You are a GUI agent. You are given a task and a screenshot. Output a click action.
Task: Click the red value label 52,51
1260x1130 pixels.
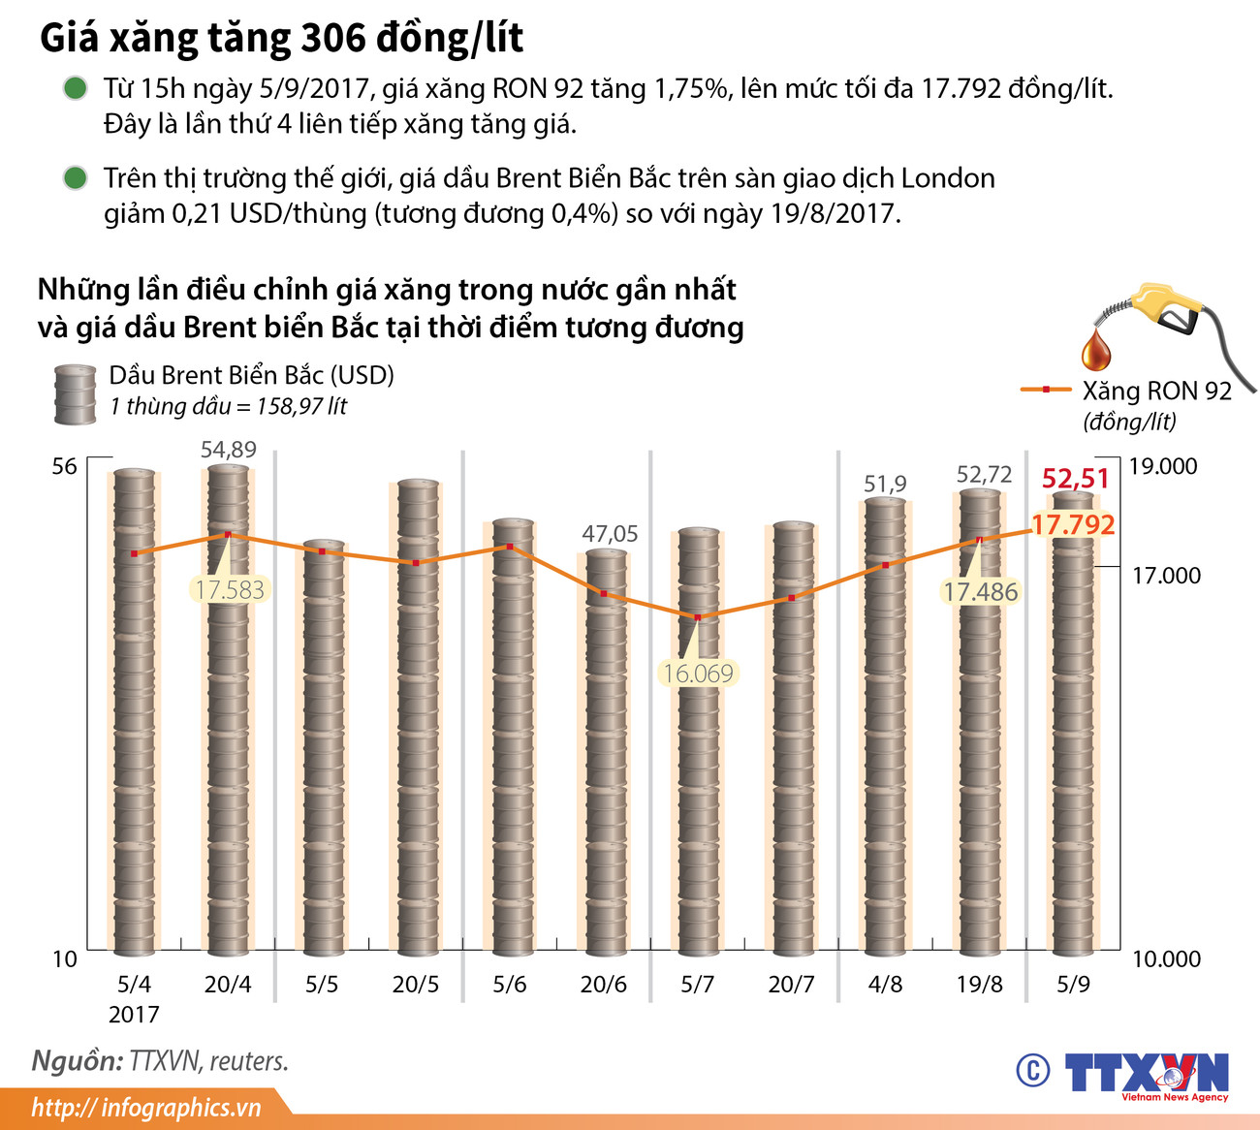[1075, 479]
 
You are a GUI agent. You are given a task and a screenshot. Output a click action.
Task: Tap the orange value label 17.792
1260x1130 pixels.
[1073, 525]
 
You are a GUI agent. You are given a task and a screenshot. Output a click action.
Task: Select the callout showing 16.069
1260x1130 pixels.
[698, 673]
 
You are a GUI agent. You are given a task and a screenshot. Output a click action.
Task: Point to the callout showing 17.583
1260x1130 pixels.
[229, 589]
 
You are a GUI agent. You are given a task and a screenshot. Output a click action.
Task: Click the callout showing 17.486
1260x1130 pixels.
[980, 591]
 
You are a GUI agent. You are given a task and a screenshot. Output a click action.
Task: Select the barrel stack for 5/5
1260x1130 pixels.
[322, 746]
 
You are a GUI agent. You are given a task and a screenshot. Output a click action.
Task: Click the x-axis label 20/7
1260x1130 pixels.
[791, 985]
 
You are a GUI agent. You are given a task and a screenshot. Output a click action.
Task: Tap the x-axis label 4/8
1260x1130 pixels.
[885, 985]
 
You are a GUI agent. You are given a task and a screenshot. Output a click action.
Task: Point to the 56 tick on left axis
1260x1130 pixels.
[64, 467]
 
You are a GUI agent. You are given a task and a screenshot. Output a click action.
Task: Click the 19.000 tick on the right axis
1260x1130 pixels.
[1163, 466]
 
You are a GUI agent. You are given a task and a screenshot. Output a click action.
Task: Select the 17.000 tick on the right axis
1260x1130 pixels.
[1166, 576]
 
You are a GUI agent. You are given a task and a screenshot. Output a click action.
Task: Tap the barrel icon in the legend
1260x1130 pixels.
[75, 394]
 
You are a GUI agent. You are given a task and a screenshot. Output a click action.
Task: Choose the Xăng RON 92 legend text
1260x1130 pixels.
[1156, 391]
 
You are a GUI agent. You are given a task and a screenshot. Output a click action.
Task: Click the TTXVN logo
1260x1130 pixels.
[1146, 1074]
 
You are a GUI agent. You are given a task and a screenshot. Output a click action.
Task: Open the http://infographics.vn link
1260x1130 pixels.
[146, 1108]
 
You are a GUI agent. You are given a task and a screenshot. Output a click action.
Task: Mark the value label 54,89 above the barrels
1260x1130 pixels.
[228, 450]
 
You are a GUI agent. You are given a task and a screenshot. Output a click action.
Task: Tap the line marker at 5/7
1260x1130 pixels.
[698, 617]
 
